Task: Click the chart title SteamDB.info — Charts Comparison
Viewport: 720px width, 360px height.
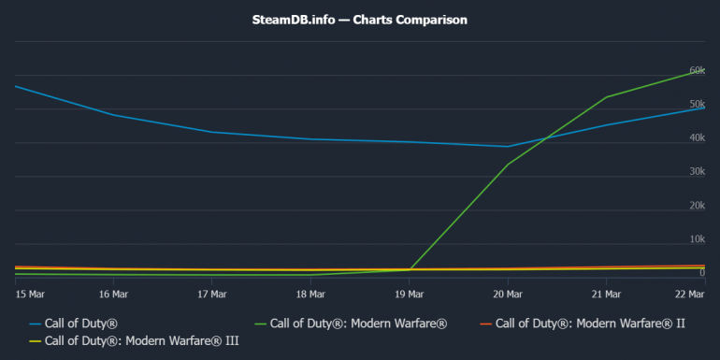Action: point(360,19)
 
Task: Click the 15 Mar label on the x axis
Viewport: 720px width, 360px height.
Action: point(27,294)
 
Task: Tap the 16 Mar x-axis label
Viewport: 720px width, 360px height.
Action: point(112,294)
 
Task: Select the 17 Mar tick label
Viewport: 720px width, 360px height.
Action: point(211,294)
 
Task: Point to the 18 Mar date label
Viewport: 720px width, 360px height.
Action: point(310,294)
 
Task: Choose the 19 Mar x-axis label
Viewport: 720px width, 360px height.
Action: point(409,294)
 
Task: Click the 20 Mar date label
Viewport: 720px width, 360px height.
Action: point(508,294)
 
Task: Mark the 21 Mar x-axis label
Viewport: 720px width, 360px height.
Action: point(607,294)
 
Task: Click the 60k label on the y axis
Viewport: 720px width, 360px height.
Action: point(696,70)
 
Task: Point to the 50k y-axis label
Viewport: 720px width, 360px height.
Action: point(696,104)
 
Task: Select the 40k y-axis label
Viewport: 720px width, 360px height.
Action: point(696,137)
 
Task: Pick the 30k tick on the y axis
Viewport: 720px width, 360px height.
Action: point(696,171)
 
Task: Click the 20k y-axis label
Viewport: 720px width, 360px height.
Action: point(696,205)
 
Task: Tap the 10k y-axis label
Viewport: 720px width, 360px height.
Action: point(696,238)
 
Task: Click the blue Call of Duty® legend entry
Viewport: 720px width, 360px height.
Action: point(84,324)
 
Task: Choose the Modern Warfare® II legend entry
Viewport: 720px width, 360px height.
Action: point(586,324)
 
